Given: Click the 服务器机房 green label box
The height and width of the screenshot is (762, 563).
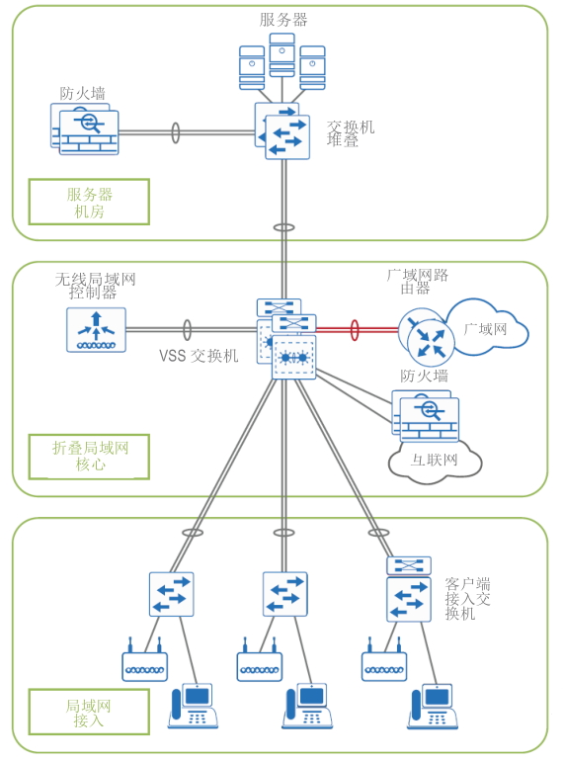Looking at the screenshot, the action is pyautogui.click(x=89, y=203).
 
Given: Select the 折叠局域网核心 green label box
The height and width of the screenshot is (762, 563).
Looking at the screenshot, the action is pyautogui.click(x=89, y=457).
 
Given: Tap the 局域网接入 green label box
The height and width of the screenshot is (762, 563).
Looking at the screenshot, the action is pyautogui.click(x=89, y=712).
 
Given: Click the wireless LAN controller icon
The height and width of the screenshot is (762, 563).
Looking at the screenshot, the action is pyautogui.click(x=96, y=330).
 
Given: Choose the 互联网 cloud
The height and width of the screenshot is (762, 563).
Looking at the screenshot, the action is pyautogui.click(x=435, y=462).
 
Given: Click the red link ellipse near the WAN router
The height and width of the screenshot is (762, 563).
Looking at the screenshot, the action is pyautogui.click(x=355, y=330).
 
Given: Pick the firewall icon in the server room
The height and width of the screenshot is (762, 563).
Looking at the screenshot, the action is pyautogui.click(x=85, y=129).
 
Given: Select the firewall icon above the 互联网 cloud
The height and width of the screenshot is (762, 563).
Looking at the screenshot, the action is pyautogui.click(x=426, y=416).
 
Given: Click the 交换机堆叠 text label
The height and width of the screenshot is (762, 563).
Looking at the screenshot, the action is pyautogui.click(x=351, y=133).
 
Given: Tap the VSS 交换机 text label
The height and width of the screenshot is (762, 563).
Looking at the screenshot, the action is pyautogui.click(x=199, y=356).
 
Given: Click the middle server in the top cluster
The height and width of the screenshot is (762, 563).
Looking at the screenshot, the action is pyautogui.click(x=282, y=55).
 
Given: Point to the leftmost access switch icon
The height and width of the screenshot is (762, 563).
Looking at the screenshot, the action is pyautogui.click(x=172, y=594).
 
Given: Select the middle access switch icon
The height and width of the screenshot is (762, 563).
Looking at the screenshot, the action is pyautogui.click(x=285, y=594).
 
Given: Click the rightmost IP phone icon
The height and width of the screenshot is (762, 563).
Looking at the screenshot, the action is pyautogui.click(x=433, y=706).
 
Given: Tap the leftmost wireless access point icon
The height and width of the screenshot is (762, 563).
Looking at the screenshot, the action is pyautogui.click(x=145, y=660).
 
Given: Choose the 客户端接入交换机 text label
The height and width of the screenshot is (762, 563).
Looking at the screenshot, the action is pyautogui.click(x=467, y=599).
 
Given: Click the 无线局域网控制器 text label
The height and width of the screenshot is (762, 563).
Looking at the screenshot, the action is pyautogui.click(x=95, y=287).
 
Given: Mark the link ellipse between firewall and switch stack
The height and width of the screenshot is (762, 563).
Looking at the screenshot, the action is pyautogui.click(x=176, y=132).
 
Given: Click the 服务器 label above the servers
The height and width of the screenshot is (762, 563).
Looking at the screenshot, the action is pyautogui.click(x=283, y=20).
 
